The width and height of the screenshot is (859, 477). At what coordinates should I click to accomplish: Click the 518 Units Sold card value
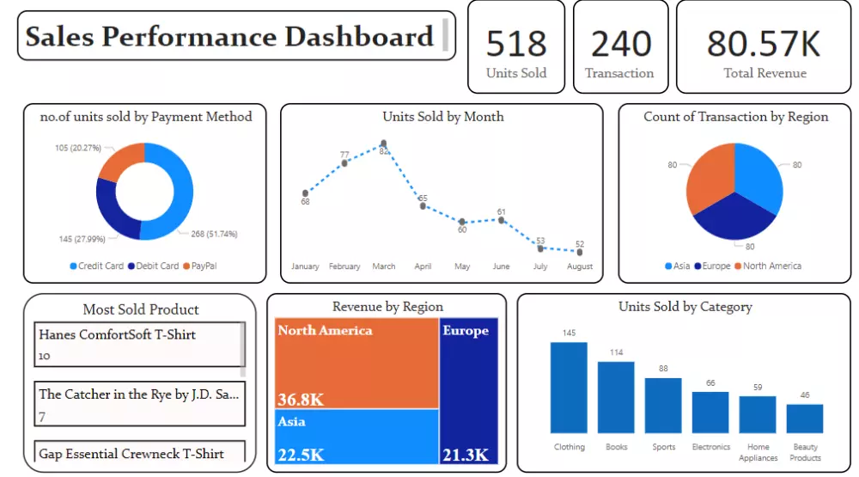[515, 43]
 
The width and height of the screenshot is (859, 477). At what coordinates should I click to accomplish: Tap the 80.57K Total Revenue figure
[764, 43]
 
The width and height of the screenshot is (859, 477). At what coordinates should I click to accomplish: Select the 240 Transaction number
[620, 43]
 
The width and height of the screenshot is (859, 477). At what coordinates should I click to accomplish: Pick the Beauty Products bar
[805, 419]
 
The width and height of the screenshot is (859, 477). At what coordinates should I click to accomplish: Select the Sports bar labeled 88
[663, 406]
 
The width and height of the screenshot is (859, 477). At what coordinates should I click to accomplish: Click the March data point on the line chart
[383, 144]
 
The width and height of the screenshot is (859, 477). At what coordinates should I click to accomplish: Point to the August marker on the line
[580, 252]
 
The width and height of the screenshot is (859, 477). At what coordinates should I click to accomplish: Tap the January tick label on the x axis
[305, 266]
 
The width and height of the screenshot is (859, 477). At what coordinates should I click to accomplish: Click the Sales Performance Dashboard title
[229, 37]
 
